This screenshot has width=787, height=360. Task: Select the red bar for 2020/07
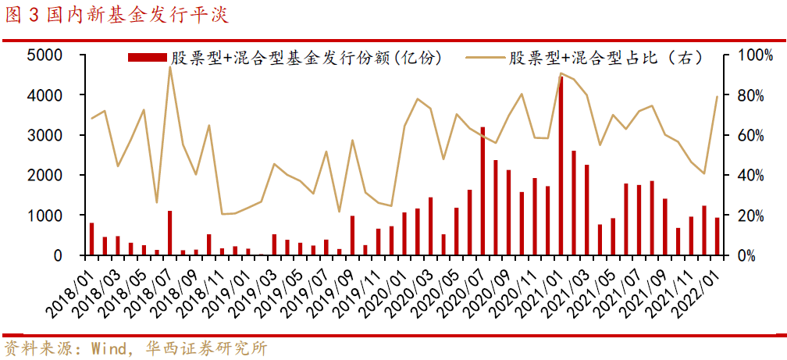click(x=483, y=191)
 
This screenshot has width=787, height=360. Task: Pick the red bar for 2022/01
click(x=718, y=237)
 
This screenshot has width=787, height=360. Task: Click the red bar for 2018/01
click(x=91, y=239)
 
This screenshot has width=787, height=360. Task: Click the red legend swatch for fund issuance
click(x=148, y=58)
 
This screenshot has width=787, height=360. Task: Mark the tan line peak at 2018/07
click(x=169, y=67)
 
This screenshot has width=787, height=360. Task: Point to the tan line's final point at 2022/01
click(x=718, y=97)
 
